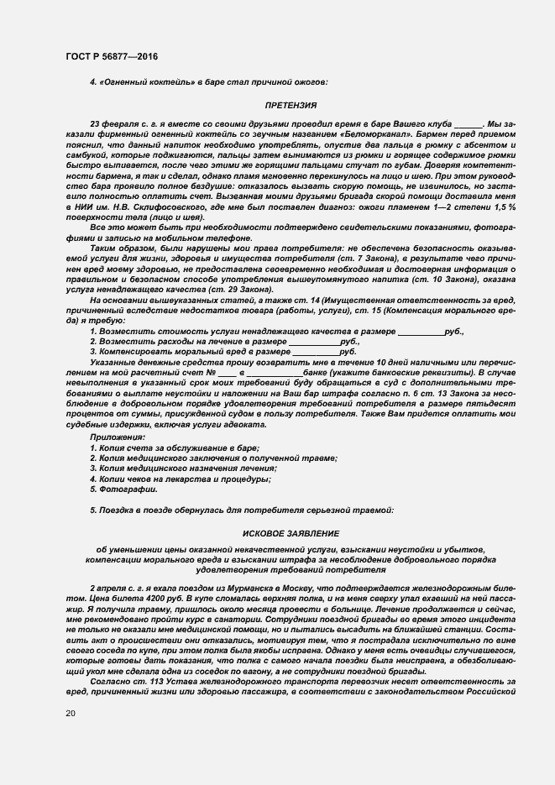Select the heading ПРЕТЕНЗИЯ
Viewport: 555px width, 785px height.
point(291,106)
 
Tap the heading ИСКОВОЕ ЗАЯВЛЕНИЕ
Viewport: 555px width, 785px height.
point(291,533)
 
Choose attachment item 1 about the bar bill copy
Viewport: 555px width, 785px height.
point(175,448)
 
